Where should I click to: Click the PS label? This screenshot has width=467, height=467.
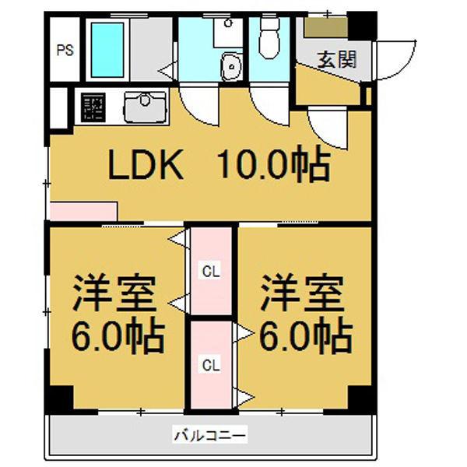point(65,51)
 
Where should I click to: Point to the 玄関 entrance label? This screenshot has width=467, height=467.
point(336,59)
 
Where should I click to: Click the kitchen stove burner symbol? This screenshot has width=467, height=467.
point(93,107)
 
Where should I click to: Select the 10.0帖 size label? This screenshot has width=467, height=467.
point(272,165)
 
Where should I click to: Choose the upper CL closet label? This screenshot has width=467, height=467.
point(211,272)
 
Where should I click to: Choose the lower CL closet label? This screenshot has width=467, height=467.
point(211,363)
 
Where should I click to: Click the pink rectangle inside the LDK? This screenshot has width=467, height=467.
point(83,211)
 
